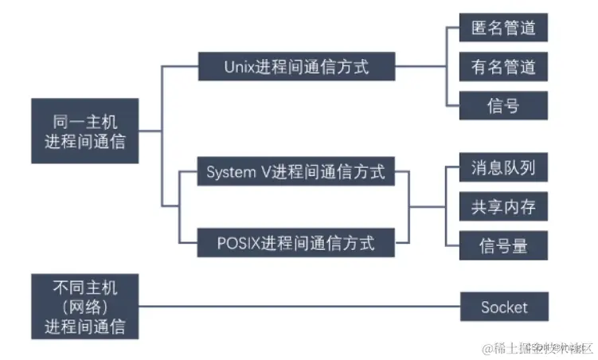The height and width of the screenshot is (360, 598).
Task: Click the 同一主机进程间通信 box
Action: point(85,131)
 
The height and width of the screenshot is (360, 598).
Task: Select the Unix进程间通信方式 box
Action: point(296,67)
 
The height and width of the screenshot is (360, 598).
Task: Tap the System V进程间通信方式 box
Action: point(296,171)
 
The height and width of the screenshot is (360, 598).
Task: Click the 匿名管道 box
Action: point(503,28)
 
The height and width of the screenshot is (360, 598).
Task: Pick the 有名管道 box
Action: point(503,67)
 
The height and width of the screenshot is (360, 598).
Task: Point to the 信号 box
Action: point(503,105)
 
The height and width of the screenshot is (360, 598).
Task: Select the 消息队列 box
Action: point(503,170)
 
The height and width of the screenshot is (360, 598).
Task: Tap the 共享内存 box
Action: point(503,207)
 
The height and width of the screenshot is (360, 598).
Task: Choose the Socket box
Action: point(503,307)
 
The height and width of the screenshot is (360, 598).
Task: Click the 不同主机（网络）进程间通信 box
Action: point(85,307)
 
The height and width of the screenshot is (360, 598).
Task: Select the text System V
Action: point(237,171)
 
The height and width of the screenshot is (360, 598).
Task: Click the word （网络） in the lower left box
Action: point(85,307)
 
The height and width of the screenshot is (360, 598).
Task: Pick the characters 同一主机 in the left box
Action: point(85,121)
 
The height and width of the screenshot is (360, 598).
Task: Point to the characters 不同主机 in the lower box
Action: point(85,287)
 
